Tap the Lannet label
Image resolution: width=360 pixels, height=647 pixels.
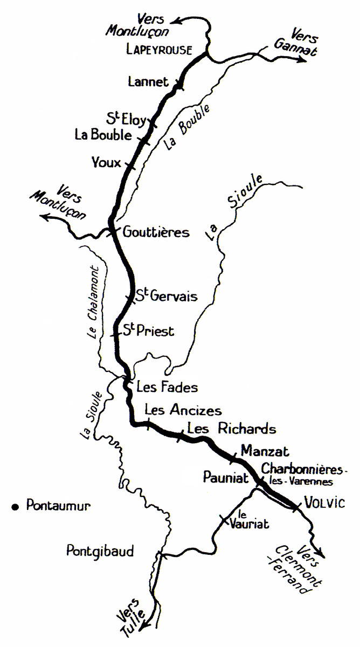click(148, 82)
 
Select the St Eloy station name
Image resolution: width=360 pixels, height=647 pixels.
click(127, 119)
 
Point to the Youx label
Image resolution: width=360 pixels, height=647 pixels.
click(107, 162)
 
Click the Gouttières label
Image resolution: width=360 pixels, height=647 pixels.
click(156, 232)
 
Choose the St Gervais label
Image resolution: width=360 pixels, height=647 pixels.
click(166, 296)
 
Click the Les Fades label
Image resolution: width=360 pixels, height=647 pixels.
click(167, 387)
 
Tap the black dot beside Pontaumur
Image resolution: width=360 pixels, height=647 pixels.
click(15, 506)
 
